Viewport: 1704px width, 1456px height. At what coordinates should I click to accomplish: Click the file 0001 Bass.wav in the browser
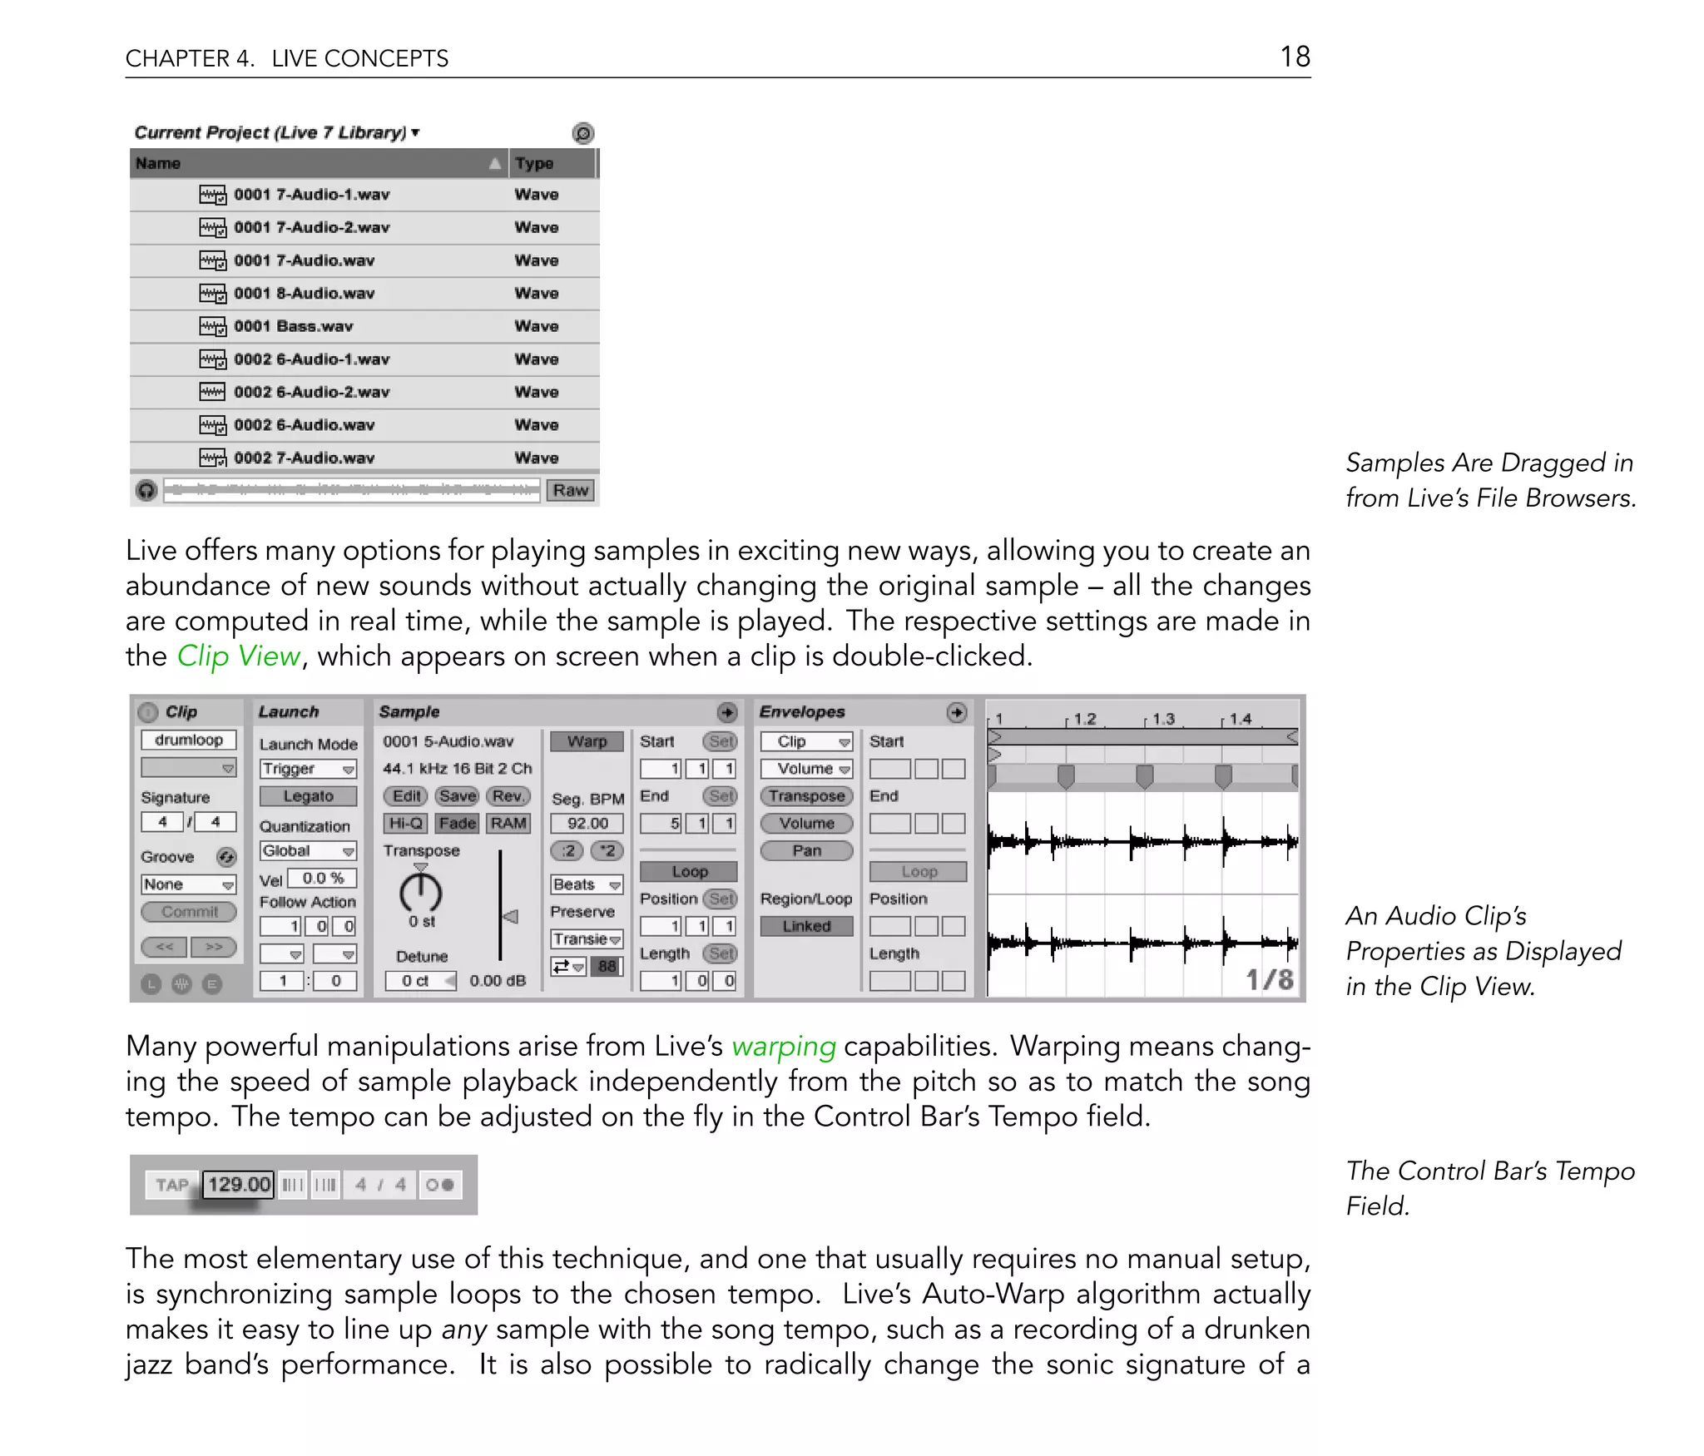click(x=293, y=326)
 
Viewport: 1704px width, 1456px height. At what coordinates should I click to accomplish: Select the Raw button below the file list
click(x=570, y=490)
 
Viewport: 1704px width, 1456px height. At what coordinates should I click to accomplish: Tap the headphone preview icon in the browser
click(x=146, y=491)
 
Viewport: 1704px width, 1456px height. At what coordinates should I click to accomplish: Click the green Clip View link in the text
click(x=238, y=656)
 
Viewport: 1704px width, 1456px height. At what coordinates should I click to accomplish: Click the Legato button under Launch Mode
click(x=308, y=796)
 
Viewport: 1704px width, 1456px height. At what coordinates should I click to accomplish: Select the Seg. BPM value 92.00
click(x=587, y=823)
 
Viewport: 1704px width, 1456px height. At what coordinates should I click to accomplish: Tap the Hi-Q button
click(x=405, y=823)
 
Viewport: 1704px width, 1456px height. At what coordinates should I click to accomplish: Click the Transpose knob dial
click(x=421, y=893)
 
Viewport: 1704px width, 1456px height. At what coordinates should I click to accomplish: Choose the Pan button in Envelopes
click(x=806, y=850)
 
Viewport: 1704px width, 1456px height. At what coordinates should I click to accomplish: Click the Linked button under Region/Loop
click(x=806, y=926)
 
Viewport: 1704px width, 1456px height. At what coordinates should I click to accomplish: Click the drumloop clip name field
click(x=189, y=740)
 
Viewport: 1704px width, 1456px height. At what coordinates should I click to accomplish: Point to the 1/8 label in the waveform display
click(x=1269, y=979)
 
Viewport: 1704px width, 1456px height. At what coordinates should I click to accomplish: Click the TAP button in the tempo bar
click(x=172, y=1185)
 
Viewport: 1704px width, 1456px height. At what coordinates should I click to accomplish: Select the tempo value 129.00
click(x=239, y=1184)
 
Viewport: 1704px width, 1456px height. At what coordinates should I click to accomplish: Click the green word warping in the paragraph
click(x=783, y=1046)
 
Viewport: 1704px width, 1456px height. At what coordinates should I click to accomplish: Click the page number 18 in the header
click(x=1295, y=57)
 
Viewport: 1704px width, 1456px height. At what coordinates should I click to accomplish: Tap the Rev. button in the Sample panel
click(x=508, y=796)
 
